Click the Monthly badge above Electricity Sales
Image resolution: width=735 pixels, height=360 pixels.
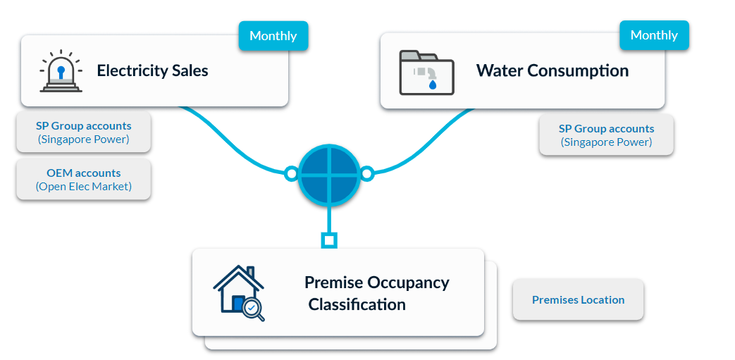coord(273,36)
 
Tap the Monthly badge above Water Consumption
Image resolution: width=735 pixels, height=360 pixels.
coord(654,35)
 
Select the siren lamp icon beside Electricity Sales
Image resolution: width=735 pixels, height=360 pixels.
coord(61,70)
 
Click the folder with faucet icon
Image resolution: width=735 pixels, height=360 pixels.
coord(426,73)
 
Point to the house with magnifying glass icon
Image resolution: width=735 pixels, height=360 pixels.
coord(239,294)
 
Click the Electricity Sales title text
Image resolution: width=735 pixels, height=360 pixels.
coord(152,70)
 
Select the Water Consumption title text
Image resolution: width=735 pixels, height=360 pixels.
coord(552,70)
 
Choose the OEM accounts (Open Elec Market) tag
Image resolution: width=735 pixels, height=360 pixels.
coord(83,180)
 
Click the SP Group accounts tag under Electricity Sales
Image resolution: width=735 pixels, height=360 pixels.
coord(83,132)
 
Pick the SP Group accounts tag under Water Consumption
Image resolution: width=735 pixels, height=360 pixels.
coord(606,135)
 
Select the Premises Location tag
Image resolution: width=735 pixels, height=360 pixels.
coord(578,300)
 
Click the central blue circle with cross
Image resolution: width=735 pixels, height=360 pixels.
coord(329,174)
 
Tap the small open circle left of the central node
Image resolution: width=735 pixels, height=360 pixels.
coord(291,174)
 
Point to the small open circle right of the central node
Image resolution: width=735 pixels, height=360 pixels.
coord(367,174)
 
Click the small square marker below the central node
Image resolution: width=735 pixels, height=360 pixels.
coord(329,241)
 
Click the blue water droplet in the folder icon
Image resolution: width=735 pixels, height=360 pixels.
coord(433,85)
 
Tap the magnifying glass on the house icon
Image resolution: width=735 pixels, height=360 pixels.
coord(253,309)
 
